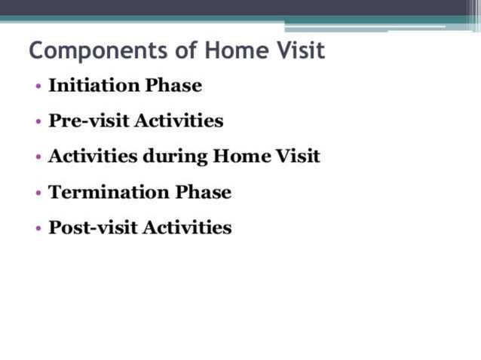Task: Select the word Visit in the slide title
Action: pos(298,51)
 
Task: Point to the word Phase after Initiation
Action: pos(173,85)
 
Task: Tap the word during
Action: pos(176,157)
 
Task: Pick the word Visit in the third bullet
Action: pos(299,157)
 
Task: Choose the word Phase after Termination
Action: pos(204,192)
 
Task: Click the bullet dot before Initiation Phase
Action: pos(38,87)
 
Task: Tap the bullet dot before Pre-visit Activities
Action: pos(38,122)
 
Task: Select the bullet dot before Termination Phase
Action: pos(38,194)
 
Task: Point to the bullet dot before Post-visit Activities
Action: pos(38,229)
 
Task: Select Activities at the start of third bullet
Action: pos(93,157)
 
